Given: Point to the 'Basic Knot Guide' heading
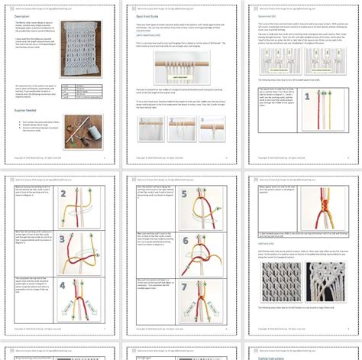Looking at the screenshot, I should click(x=152, y=15).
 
